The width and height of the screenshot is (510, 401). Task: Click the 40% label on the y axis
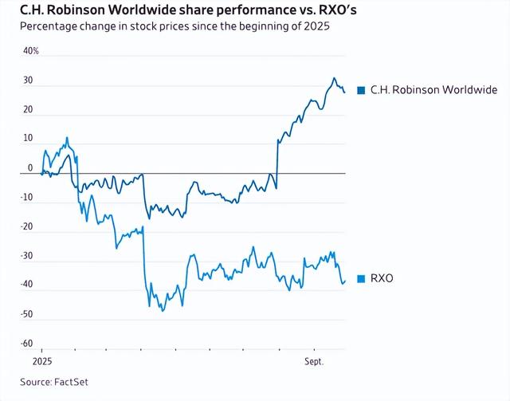coord(29,51)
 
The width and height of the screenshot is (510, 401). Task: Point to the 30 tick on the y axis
coord(27,81)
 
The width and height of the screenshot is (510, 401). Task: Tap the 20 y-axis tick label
coord(27,110)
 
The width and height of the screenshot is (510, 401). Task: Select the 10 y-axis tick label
coord(27,139)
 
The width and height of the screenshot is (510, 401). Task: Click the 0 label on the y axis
coord(30,168)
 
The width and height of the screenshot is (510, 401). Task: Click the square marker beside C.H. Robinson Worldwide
coord(362,90)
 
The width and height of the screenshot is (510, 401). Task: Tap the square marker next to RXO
coord(362,278)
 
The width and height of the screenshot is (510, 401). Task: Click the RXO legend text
coord(382,278)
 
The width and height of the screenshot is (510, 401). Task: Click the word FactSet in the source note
coord(70,382)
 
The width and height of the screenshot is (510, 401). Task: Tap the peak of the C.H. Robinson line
coord(334,78)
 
